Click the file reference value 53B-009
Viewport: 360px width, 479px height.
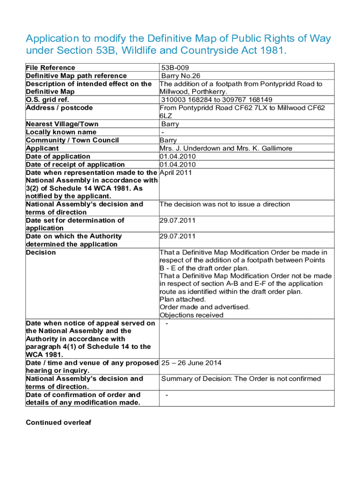[175, 68]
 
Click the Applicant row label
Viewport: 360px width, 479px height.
[42, 148]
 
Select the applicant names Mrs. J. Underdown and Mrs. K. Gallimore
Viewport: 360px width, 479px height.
[226, 148]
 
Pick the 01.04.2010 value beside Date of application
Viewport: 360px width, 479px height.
[177, 156]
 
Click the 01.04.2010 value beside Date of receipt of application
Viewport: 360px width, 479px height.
[177, 164]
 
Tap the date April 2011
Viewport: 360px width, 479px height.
[175, 173]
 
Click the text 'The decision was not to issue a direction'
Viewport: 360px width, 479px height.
[224, 204]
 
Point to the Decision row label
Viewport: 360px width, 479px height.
[41, 253]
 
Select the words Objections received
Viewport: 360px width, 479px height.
[191, 315]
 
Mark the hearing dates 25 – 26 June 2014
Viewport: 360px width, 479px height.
[191, 363]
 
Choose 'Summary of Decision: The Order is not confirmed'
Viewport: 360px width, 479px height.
[241, 379]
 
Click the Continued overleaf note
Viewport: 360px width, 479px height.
[58, 423]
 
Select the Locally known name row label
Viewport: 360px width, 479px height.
[61, 132]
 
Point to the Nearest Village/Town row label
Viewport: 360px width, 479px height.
[62, 124]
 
